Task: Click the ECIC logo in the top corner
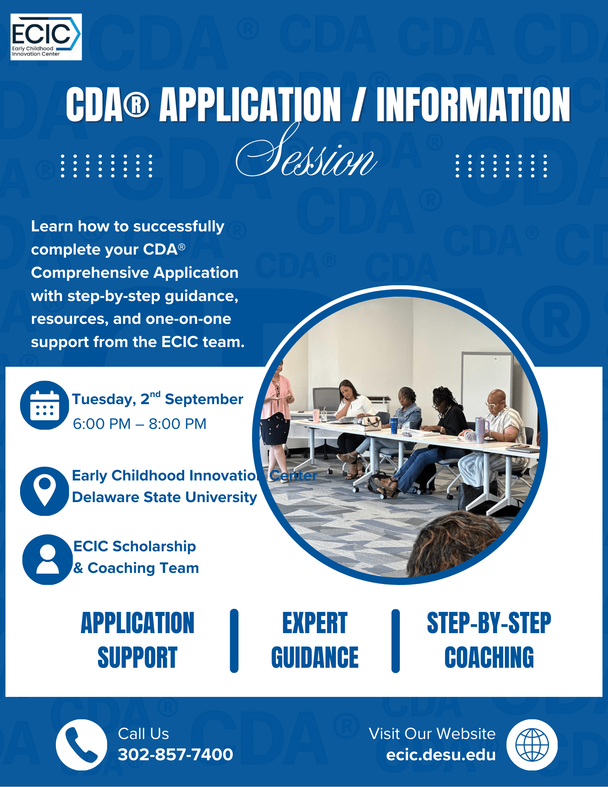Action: point(46,37)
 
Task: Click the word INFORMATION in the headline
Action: point(473,104)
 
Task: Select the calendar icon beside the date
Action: point(45,405)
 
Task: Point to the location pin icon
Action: point(45,491)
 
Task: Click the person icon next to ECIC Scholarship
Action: point(48,559)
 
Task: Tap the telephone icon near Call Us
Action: point(81,745)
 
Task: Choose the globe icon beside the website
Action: point(532,745)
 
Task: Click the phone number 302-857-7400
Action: point(176,754)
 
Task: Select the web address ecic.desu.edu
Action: point(441,755)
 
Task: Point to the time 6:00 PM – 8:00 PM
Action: point(140,424)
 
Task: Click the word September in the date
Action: point(204,399)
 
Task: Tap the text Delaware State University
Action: point(164,497)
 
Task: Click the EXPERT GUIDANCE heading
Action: point(315,640)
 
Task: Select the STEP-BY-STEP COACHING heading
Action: point(489,640)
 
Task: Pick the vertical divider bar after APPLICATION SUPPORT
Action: point(234,641)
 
